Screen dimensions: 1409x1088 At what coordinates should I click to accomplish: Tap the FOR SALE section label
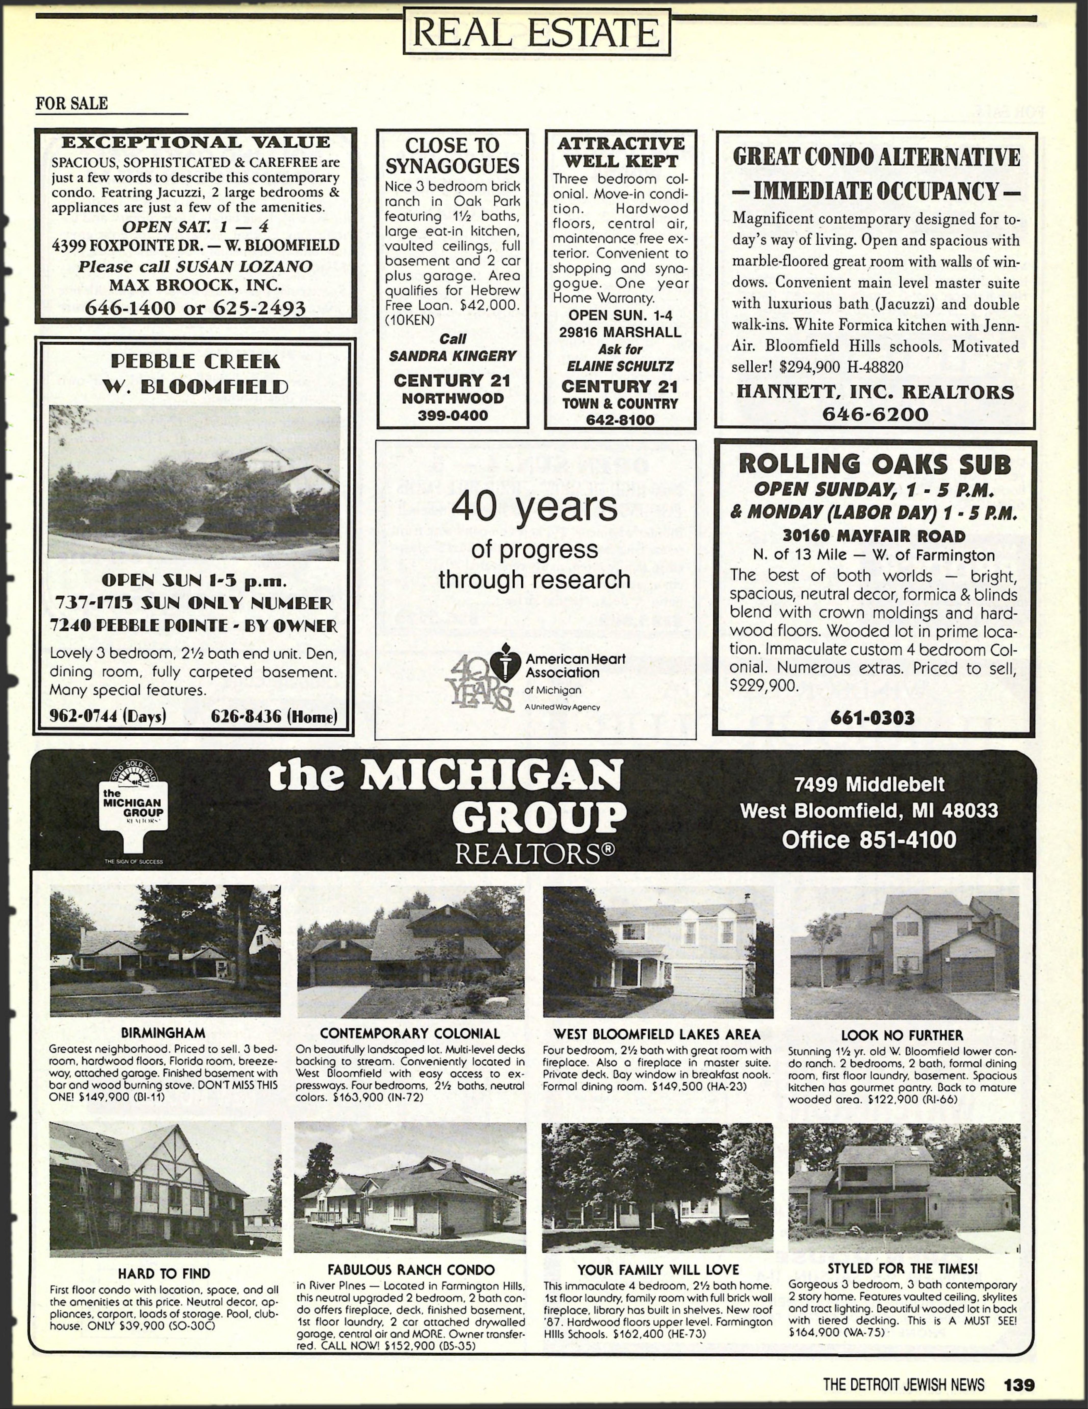point(72,103)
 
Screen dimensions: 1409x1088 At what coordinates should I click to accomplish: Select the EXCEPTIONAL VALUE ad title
point(195,143)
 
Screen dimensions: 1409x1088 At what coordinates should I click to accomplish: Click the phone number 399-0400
point(452,416)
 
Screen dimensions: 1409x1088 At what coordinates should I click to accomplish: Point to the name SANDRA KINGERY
point(452,355)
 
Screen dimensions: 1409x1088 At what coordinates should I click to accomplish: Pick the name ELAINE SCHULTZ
point(620,366)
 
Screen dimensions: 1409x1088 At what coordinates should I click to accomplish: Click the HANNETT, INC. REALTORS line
point(875,392)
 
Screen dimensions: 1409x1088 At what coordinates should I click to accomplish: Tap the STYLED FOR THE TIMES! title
point(902,1268)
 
